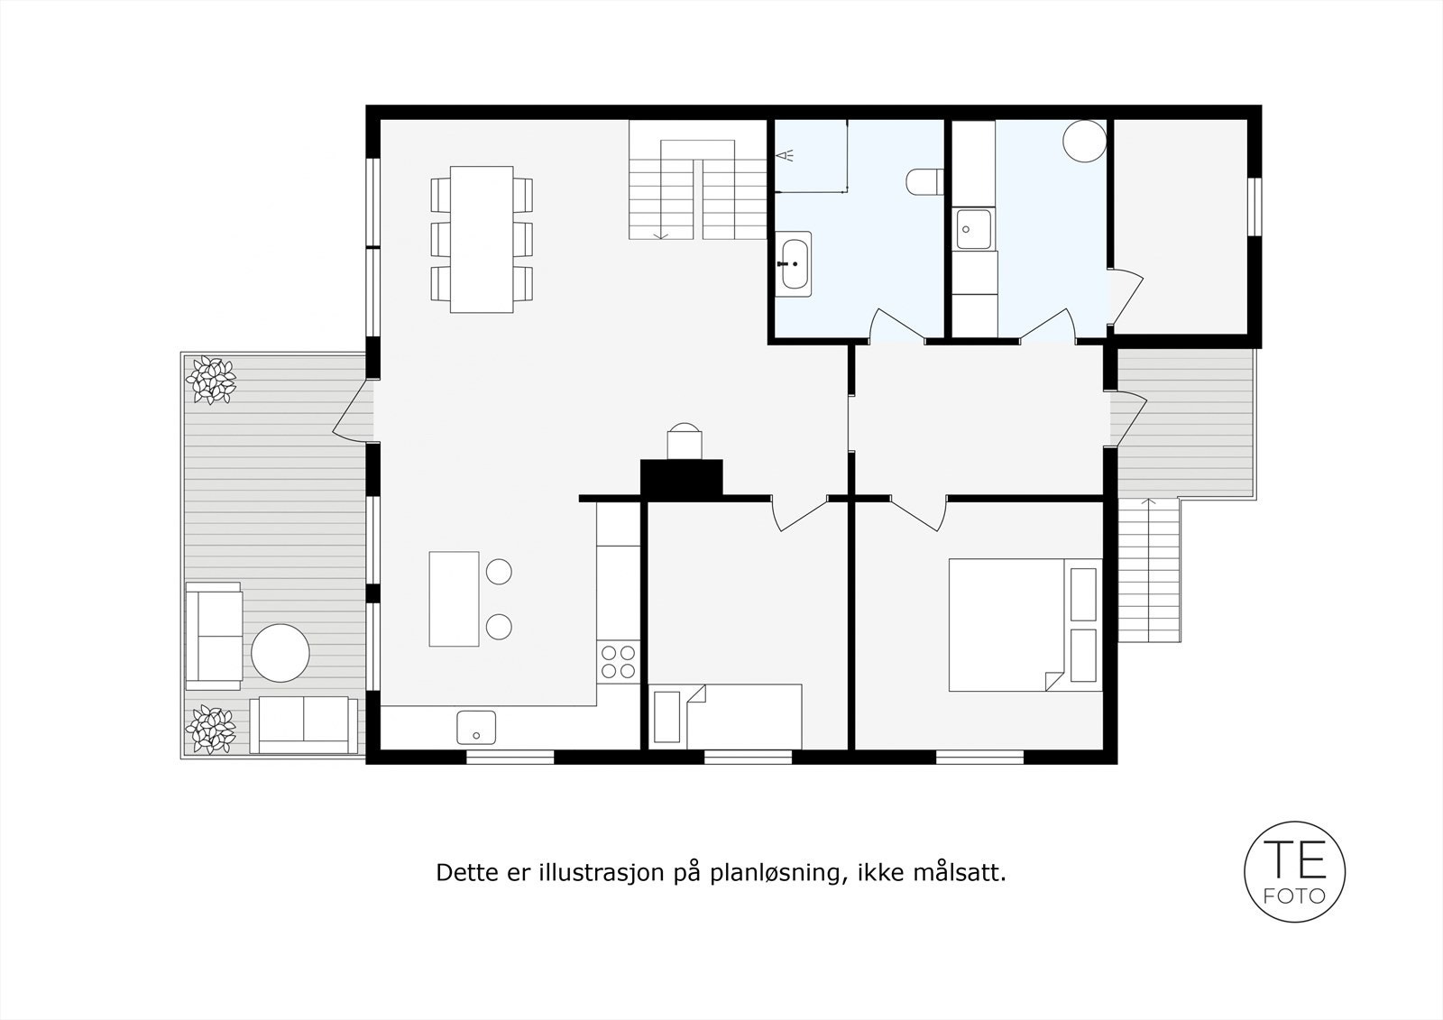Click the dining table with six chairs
pos(482,239)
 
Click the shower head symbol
pos(786,155)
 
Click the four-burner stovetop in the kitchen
pos(619,660)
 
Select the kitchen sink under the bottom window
pos(475,725)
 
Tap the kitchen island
pos(454,599)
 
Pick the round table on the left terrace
pos(280,652)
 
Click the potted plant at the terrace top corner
pos(211,379)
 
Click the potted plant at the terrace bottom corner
pos(210,729)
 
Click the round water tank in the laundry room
pos(1083,141)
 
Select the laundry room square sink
pos(973,229)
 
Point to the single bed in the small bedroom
pos(726,716)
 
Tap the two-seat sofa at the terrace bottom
pos(302,723)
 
